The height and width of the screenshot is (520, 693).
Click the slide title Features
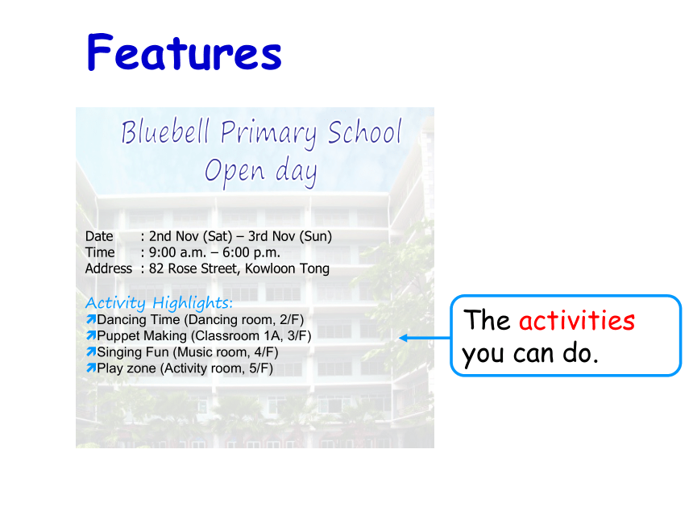click(x=185, y=52)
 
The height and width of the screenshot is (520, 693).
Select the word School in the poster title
click(x=364, y=131)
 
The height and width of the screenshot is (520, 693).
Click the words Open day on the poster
click(x=261, y=172)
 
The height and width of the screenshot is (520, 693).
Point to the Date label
click(x=99, y=236)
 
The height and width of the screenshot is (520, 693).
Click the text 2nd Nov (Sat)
click(x=190, y=236)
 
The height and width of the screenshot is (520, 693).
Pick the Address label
click(x=109, y=268)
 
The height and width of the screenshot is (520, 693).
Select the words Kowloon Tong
click(x=288, y=268)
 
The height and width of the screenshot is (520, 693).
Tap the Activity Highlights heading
click(x=159, y=303)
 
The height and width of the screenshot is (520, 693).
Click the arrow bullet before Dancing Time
click(x=91, y=319)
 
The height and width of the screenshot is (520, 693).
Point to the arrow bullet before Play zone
click(x=91, y=368)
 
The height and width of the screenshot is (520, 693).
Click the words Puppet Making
click(x=142, y=336)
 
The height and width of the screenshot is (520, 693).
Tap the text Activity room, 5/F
click(x=217, y=368)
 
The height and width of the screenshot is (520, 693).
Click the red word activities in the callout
click(x=577, y=320)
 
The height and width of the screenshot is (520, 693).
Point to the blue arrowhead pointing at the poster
click(x=403, y=339)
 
